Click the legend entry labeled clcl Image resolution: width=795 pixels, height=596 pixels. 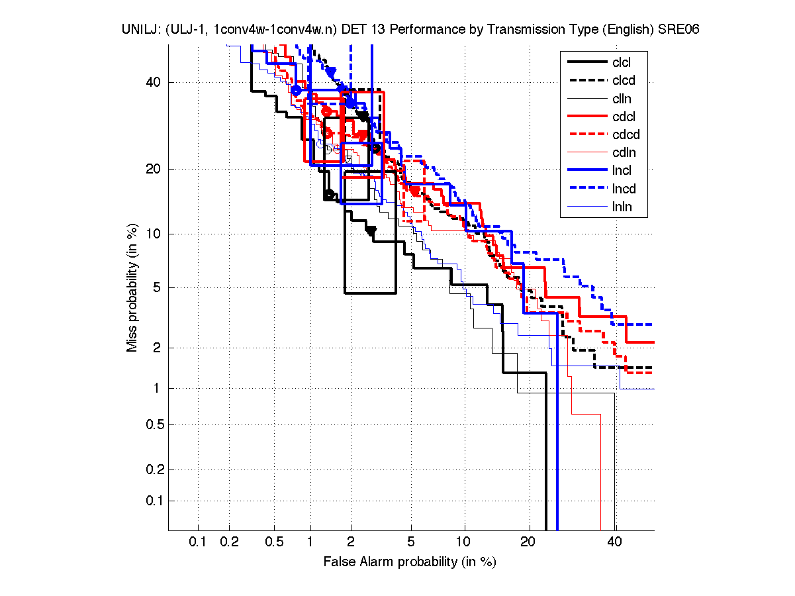click(x=621, y=63)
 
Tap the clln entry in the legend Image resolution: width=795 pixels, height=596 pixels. click(x=622, y=99)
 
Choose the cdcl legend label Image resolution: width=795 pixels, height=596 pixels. click(x=623, y=117)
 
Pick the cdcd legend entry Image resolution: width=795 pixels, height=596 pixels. click(x=624, y=135)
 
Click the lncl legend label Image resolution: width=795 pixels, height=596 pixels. click(x=622, y=171)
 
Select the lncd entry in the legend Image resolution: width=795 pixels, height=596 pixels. click(x=623, y=189)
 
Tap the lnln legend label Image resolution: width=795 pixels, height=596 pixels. click(x=622, y=207)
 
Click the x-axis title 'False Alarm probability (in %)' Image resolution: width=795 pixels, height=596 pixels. click(x=410, y=562)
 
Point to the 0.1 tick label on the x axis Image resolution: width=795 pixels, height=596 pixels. click(x=198, y=542)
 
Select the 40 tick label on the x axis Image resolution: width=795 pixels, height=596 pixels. click(x=614, y=542)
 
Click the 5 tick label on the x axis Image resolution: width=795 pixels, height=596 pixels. click(x=411, y=542)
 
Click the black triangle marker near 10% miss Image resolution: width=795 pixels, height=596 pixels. click(x=371, y=230)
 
